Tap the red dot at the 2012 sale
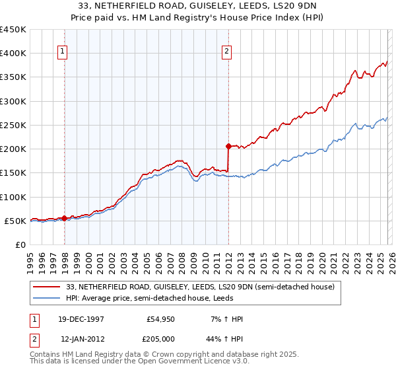tap(228, 146)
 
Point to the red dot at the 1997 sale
tap(65, 217)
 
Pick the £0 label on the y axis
tap(21, 244)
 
